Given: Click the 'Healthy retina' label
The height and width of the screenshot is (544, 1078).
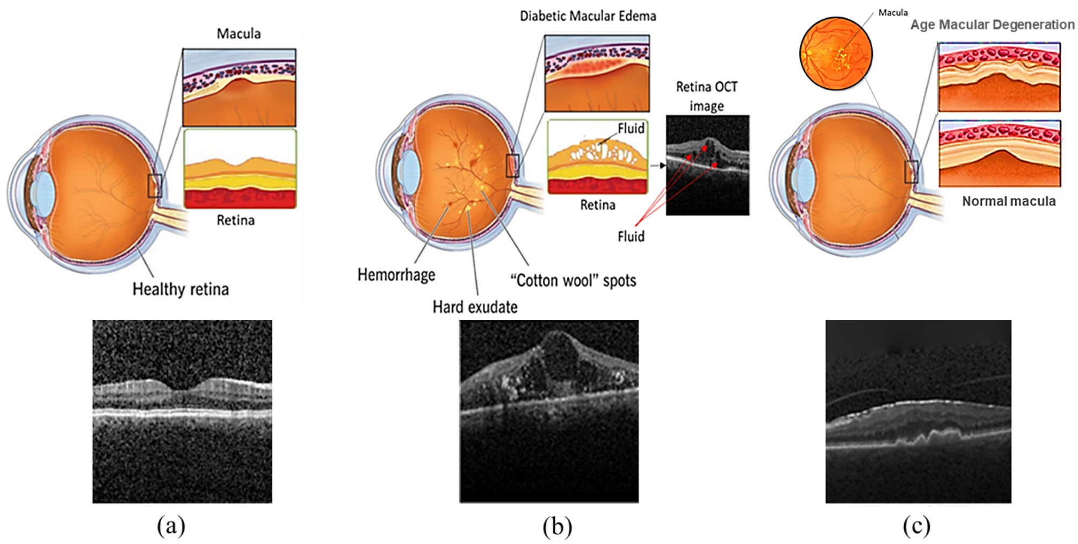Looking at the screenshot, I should point(180,289).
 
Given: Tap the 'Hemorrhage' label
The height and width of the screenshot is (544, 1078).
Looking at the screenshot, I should point(396,275).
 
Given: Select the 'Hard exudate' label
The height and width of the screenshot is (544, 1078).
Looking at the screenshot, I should point(475,307).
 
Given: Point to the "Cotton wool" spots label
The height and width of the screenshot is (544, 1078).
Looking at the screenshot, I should point(573,280).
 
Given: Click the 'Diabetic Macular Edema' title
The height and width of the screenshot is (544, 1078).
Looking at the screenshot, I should point(588,16).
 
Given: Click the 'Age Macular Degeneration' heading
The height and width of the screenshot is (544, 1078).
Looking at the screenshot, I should point(992,25).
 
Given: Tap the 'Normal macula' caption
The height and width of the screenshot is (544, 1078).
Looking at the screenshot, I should point(1008,201).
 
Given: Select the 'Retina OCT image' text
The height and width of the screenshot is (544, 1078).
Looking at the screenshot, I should point(706,96).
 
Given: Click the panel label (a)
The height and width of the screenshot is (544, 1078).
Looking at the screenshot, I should point(171,525).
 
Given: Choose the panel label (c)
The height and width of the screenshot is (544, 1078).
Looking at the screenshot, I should point(916,525).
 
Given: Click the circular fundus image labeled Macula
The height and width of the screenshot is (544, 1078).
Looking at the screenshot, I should point(836,54).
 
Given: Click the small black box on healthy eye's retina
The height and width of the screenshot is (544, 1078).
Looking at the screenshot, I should point(155,186).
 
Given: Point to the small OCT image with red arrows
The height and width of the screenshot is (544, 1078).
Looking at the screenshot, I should point(707,165).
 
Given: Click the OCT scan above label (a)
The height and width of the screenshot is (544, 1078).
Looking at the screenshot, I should point(182,411).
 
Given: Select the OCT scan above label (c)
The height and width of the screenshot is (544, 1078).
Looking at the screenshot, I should point(918,411).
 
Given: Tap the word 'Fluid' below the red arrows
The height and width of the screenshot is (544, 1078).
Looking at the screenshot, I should point(631,237).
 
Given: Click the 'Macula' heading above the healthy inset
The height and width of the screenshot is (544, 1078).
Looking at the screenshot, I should point(238,34).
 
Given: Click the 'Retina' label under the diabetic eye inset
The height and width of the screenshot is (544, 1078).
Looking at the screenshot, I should point(597,205).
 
